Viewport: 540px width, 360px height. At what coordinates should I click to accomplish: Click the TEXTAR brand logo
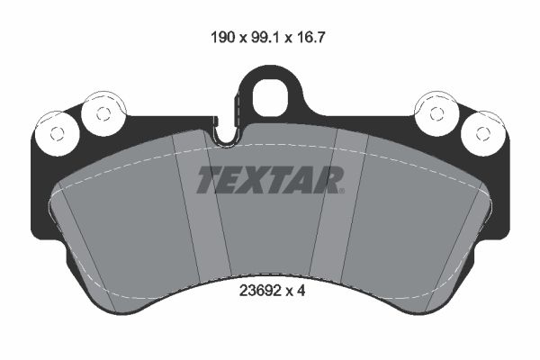point(270,179)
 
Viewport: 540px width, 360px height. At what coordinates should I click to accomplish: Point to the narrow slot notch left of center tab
point(228,136)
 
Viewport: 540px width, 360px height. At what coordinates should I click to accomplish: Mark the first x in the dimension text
point(241,40)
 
